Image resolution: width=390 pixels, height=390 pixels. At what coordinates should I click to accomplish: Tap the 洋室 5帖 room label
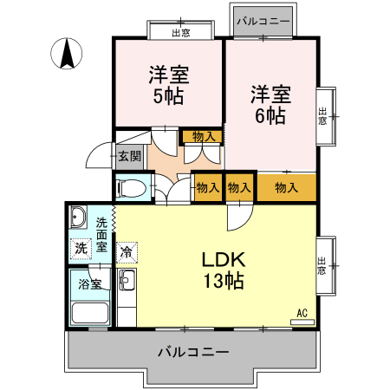click(x=168, y=86)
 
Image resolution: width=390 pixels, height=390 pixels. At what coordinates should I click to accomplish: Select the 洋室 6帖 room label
click(x=270, y=104)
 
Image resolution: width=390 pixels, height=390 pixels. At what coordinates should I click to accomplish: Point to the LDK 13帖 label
click(x=224, y=270)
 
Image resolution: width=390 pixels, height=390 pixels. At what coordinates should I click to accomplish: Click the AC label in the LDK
click(x=302, y=313)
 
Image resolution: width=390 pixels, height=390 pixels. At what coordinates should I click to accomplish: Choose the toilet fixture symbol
click(x=130, y=187)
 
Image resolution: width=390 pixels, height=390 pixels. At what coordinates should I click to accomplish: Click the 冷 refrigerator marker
click(x=127, y=253)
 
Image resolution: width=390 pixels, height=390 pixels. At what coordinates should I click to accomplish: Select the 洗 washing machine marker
click(x=81, y=249)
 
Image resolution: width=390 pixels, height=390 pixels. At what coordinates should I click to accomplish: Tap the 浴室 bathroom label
click(x=90, y=283)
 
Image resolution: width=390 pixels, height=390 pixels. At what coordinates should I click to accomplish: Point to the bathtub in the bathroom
click(x=89, y=314)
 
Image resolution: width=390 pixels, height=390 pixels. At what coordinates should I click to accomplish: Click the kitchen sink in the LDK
click(x=127, y=281)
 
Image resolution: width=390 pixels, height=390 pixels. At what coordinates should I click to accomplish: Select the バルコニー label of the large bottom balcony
click(x=192, y=353)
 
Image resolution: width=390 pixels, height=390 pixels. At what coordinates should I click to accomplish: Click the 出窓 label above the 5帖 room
click(x=180, y=32)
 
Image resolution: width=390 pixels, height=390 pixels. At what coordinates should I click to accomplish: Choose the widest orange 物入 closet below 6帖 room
click(x=286, y=187)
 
